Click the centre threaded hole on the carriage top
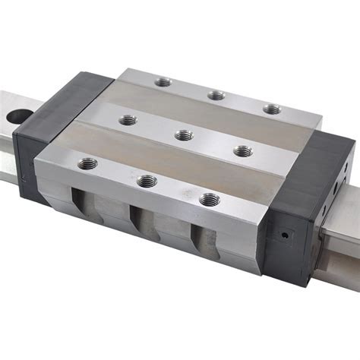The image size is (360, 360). coord(182,135)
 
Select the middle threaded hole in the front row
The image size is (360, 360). coord(145,181)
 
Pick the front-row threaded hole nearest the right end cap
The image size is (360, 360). coord(209,199)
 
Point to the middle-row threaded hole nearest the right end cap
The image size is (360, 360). coord(242,151)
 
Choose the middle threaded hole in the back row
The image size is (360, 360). coord(216,95)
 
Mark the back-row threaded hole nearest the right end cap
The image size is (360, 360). coord(271,109)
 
